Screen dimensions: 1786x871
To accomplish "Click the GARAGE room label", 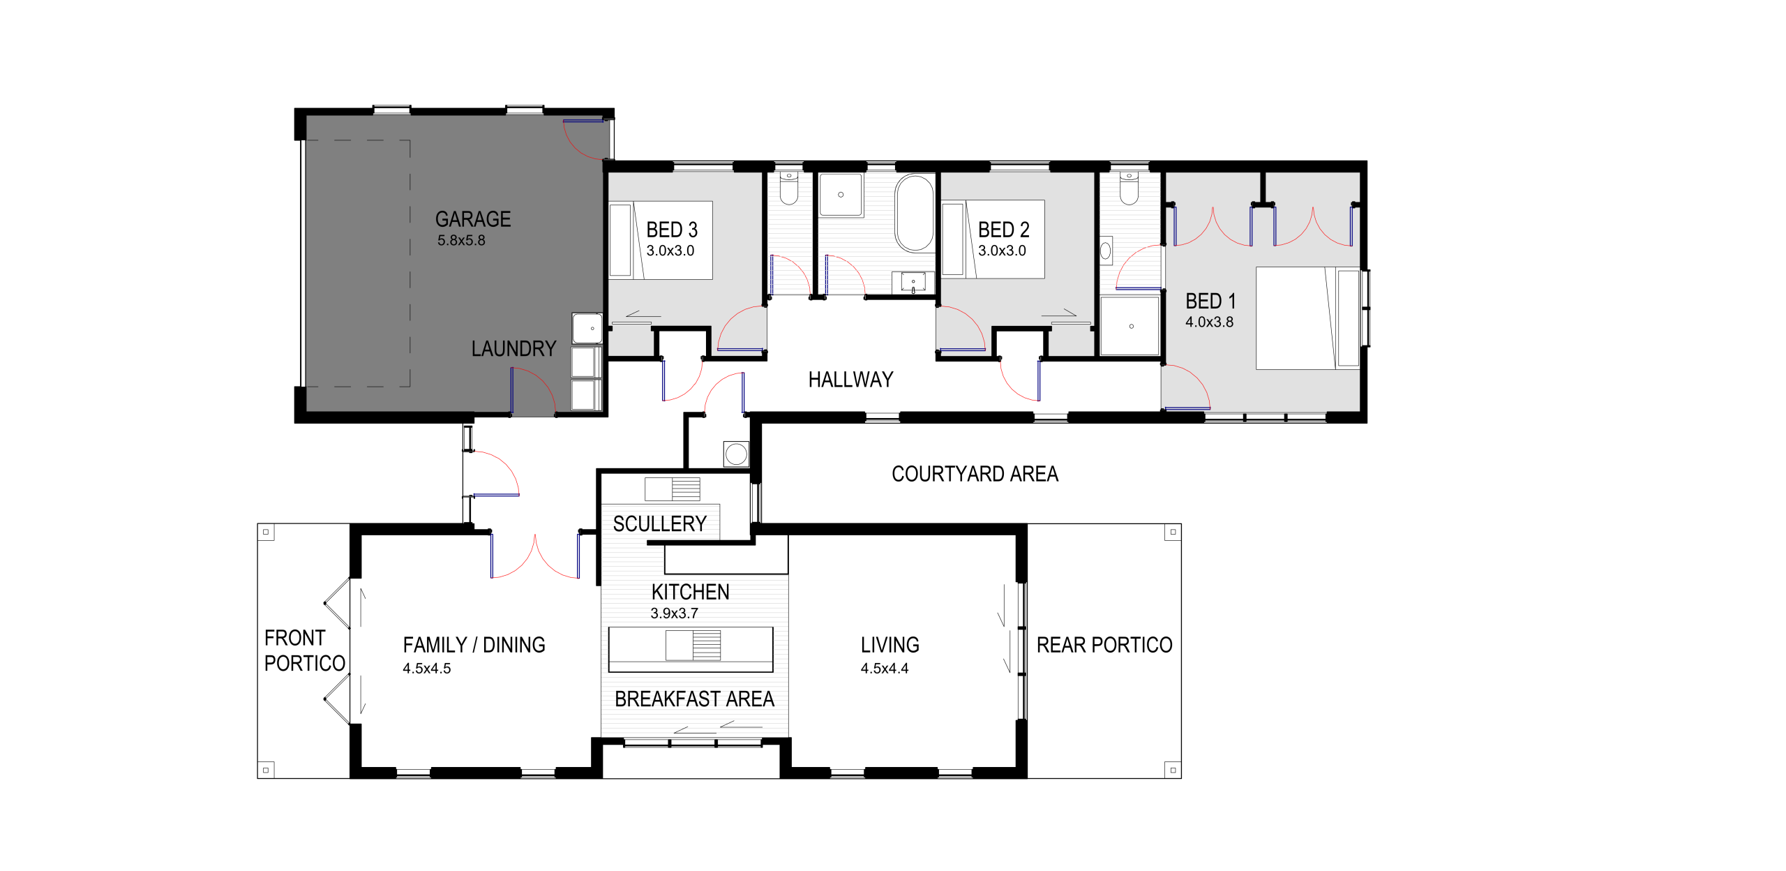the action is coord(473,219).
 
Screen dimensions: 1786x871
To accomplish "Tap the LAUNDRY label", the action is coord(513,348).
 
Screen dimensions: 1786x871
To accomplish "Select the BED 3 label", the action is coord(672,230).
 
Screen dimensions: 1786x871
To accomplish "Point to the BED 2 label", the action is coord(1003,230).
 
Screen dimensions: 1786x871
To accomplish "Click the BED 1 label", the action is coord(1210,301).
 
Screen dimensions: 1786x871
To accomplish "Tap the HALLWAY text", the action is coord(850,380).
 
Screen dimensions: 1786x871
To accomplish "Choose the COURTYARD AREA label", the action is coord(975,474).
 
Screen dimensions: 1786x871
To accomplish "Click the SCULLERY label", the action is coord(659,523).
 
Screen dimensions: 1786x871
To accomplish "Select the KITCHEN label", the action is coord(690,592).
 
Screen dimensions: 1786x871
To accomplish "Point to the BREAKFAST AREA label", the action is coord(694,699).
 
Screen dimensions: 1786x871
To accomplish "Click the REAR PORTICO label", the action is coord(1104,645).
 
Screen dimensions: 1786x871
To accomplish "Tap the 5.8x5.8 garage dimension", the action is coord(461,240).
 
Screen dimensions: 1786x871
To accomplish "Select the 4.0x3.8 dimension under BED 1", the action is coord(1209,322).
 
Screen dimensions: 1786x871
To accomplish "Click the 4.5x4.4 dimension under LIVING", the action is coord(885,668).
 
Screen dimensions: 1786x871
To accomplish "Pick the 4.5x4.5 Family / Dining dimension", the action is coord(426,668).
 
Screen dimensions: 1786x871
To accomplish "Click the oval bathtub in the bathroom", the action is coord(915,213).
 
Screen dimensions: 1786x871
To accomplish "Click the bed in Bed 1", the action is coord(1307,318).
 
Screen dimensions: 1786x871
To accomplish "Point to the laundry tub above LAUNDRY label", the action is coord(587,328).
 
